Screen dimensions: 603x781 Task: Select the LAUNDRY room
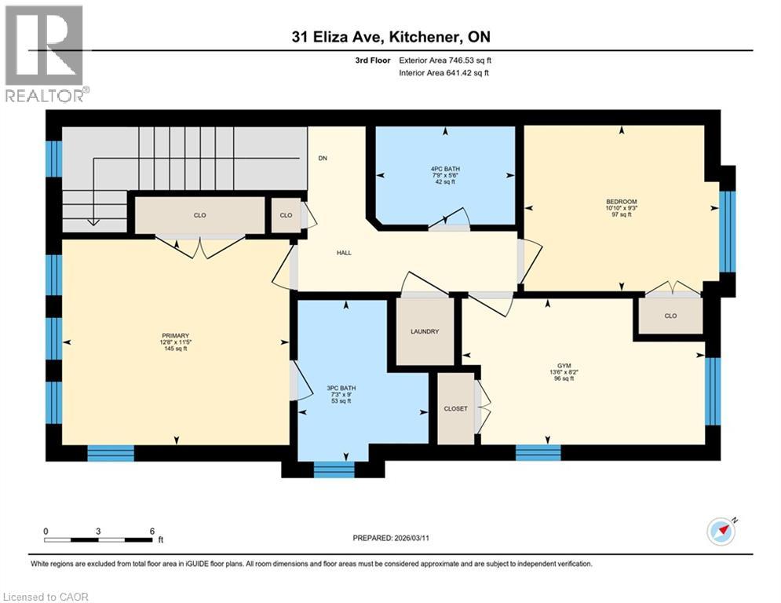425,331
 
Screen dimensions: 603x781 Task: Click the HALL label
344,253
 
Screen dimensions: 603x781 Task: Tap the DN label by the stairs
323,159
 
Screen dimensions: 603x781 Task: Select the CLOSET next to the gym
455,408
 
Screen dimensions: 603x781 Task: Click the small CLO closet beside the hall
286,215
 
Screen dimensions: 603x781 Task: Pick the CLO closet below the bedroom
670,317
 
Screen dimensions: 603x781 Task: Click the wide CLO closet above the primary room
199,215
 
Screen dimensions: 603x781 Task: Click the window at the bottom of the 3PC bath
334,470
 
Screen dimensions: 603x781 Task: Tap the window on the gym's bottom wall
538,452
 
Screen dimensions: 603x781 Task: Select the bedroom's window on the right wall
728,231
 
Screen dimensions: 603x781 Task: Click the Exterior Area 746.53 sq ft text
445,60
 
